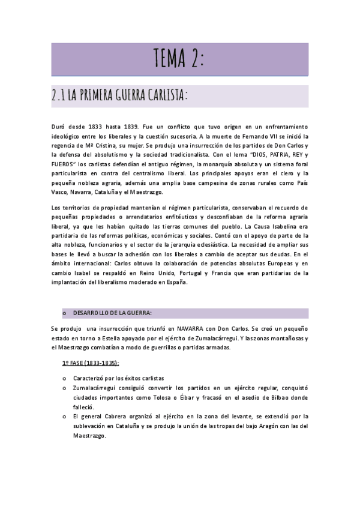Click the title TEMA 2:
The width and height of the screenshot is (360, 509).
tap(179, 59)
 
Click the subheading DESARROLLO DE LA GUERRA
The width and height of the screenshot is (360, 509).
tap(112, 313)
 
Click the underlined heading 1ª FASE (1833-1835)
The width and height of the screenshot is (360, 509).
tap(91, 363)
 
